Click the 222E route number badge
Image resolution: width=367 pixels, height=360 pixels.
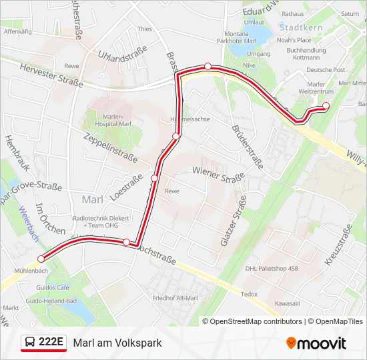[x=43, y=343]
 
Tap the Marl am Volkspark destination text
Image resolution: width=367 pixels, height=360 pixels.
[x=117, y=343]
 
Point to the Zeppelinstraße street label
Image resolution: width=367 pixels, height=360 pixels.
[x=110, y=147]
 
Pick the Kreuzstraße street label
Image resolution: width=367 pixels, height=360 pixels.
[x=338, y=247]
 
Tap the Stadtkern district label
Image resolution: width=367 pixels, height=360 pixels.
[x=302, y=29]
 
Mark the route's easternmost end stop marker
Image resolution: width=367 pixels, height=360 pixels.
[x=326, y=105]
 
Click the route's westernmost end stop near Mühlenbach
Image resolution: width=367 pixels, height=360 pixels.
[x=41, y=259]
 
